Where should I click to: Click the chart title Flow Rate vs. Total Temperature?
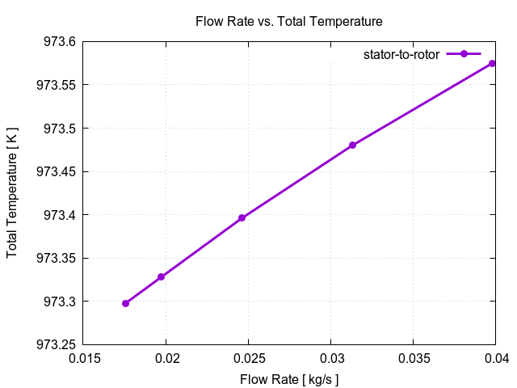click(289, 20)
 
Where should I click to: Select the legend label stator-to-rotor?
click(401, 54)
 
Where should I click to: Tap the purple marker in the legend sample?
click(464, 54)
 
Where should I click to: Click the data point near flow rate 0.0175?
click(125, 303)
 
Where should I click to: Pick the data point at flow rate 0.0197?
click(162, 276)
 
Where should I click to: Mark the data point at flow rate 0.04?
click(492, 63)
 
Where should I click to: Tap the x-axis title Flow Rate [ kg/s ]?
click(289, 379)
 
